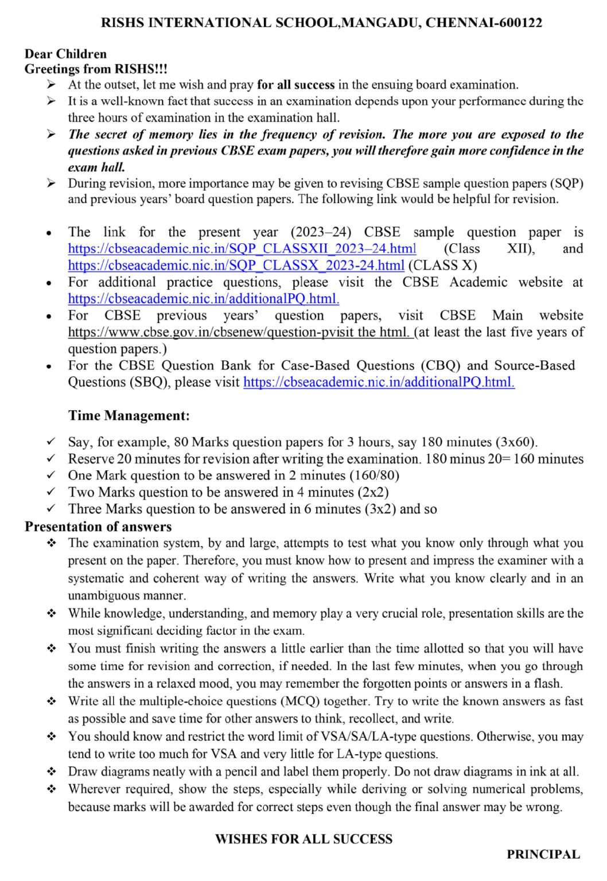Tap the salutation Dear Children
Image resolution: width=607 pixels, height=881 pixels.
coord(65,54)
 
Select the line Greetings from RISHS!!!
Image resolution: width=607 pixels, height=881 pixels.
coord(96,69)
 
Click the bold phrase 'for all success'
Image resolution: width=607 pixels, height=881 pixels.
coord(295,85)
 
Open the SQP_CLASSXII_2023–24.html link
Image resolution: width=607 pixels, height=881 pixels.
coord(242,249)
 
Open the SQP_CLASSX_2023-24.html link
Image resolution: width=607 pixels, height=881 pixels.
coord(236,266)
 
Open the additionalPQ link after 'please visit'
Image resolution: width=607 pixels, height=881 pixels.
coord(379,382)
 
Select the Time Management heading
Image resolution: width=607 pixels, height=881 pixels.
coord(129,415)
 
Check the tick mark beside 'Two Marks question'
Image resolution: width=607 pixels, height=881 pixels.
coord(51,492)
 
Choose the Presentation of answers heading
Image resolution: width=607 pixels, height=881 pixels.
coord(98,527)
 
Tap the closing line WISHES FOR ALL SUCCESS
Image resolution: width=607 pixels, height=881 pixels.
coord(303,839)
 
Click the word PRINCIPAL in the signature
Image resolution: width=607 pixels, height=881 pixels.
coord(543,855)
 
